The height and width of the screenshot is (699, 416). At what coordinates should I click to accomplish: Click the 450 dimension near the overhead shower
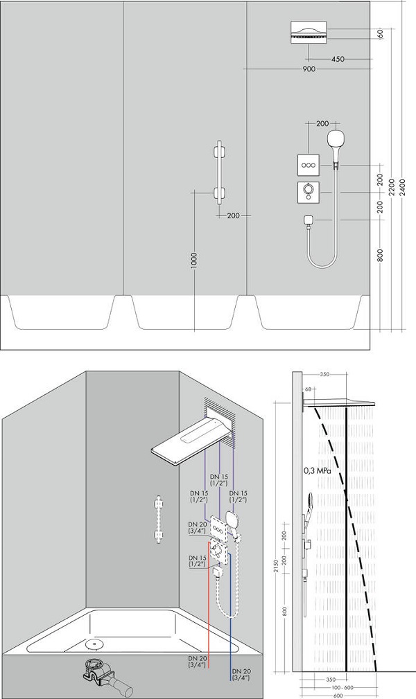coord(338,59)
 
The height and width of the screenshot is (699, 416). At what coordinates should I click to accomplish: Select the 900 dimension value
coord(309,69)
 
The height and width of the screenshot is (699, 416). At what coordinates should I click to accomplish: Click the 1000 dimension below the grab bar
coord(193,260)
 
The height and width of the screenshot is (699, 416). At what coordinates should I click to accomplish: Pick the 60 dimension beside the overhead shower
coord(381,35)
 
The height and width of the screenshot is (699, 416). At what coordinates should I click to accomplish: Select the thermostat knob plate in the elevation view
coord(309,192)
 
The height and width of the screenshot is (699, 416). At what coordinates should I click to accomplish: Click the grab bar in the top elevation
coord(219,172)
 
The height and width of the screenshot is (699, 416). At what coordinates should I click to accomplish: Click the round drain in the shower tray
coord(94,644)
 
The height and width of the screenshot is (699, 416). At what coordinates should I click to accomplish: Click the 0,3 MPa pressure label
coord(318,470)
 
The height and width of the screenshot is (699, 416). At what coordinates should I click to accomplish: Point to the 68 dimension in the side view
coord(308,389)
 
